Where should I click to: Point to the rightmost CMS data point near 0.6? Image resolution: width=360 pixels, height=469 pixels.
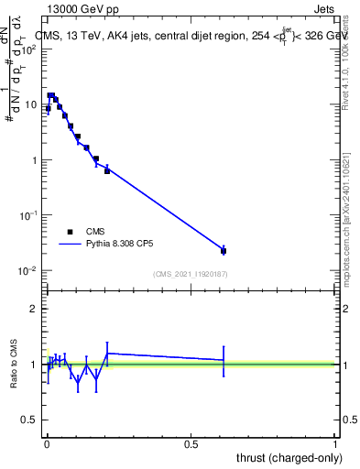[224, 250]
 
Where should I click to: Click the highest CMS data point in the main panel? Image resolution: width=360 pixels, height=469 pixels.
[51, 95]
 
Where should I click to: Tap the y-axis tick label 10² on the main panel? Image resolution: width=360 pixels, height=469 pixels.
[30, 49]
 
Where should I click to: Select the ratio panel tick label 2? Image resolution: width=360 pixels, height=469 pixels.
[35, 309]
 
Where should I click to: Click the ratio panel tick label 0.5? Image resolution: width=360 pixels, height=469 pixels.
[31, 420]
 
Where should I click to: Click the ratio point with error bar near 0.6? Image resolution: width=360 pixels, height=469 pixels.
[224, 360]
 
